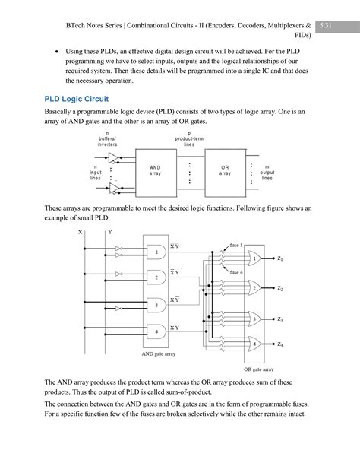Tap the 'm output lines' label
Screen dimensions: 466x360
click(x=267, y=172)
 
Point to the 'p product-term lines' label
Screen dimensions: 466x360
click(x=188, y=139)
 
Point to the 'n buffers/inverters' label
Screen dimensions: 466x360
click(x=107, y=139)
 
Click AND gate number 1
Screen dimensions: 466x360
click(x=156, y=252)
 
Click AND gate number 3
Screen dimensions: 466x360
click(x=156, y=305)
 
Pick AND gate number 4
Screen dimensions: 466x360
click(x=156, y=331)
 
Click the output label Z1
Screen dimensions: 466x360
click(x=279, y=259)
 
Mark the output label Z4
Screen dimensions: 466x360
click(x=279, y=344)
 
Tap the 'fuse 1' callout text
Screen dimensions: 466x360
click(x=236, y=245)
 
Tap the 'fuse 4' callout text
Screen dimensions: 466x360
click(x=236, y=271)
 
